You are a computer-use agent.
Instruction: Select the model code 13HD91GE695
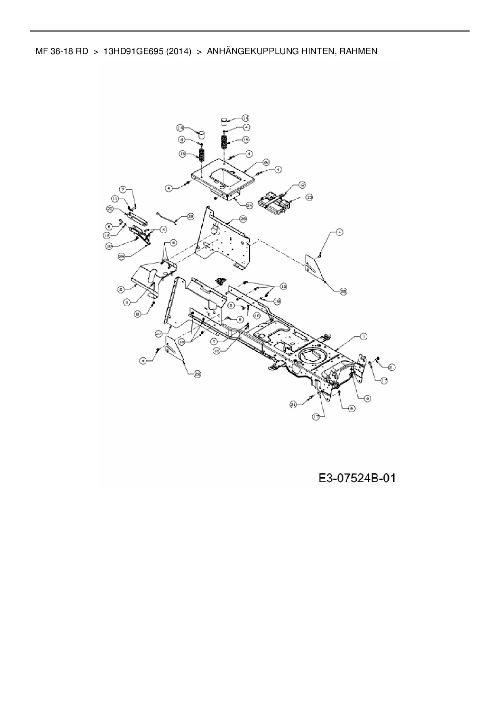133,51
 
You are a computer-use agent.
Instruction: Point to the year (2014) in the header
178,51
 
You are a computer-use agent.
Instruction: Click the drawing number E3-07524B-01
357,479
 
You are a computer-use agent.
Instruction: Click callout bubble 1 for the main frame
363,336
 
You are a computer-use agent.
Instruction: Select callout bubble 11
115,198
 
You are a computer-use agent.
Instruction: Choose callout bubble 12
302,185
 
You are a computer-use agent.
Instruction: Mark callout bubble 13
309,197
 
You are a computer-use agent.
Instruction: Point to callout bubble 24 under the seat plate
249,205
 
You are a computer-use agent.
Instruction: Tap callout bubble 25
121,256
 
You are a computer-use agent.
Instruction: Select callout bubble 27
158,334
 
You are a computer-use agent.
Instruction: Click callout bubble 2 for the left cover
120,289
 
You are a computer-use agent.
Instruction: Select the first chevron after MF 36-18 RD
96,51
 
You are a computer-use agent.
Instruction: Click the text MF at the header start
40,51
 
